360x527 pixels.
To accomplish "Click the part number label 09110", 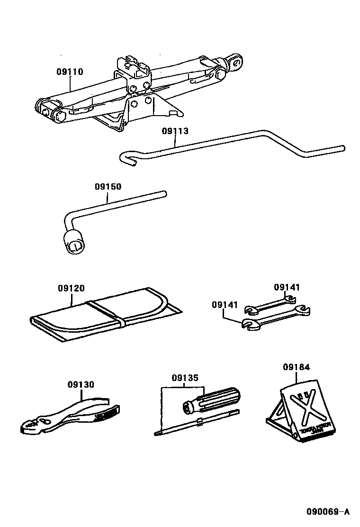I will pyautogui.click(x=70, y=72).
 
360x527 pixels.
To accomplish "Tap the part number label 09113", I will pyautogui.click(x=175, y=131).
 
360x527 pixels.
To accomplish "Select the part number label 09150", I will pyautogui.click(x=108, y=187).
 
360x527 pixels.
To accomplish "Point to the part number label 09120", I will pyautogui.click(x=72, y=288).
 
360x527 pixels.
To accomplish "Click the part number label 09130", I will pyautogui.click(x=81, y=385).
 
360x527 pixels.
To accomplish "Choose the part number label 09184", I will pyautogui.click(x=296, y=367).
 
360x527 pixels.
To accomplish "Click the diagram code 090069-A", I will pyautogui.click(x=327, y=511).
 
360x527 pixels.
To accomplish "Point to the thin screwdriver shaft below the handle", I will pyautogui.click(x=199, y=423).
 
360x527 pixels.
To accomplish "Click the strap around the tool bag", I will pyautogui.click(x=107, y=313).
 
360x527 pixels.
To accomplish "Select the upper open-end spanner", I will pyautogui.click(x=270, y=305).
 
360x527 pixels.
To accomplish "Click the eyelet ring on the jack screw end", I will pyautogui.click(x=236, y=61).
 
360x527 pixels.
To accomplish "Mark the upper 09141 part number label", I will pyautogui.click(x=287, y=288).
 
